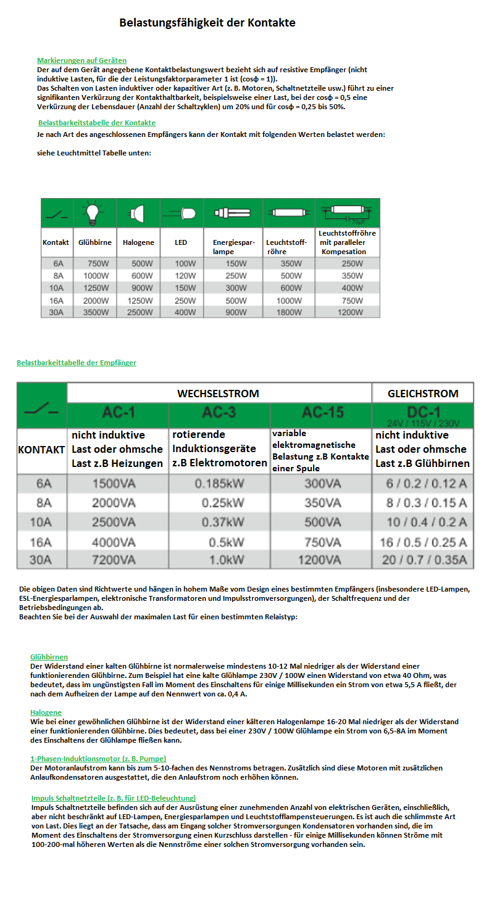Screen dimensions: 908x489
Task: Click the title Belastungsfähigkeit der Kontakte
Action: [207, 23]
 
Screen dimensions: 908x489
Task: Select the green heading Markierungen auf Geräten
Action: [81, 60]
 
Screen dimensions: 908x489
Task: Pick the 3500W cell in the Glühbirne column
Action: [95, 312]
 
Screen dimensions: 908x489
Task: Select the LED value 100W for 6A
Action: [181, 263]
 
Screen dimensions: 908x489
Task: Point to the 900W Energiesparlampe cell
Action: [235, 312]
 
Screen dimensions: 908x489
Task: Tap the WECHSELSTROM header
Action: [218, 394]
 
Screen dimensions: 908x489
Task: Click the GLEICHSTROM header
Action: [422, 394]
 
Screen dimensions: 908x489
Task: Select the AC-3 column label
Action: [219, 413]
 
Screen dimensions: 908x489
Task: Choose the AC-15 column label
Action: [322, 413]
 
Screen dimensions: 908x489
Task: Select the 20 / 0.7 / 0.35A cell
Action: [424, 560]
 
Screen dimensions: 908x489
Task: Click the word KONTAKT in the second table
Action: [41, 450]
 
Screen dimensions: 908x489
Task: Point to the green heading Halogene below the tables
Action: [46, 712]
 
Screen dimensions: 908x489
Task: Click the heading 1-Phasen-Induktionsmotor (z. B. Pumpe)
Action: [98, 759]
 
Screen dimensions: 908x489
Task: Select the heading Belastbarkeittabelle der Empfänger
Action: [77, 363]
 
